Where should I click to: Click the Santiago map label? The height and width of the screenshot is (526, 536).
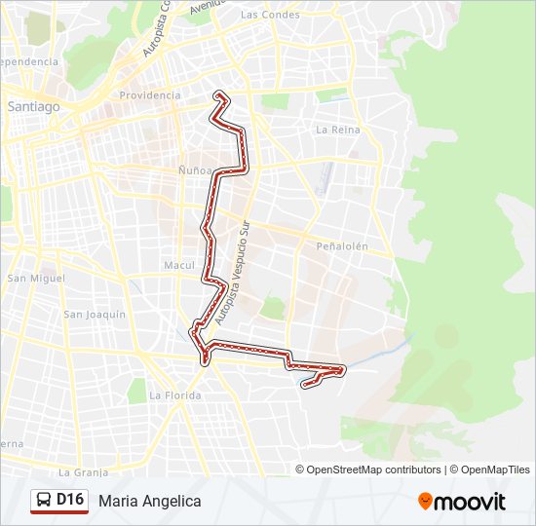click(33, 106)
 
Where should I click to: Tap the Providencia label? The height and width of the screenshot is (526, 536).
click(149, 95)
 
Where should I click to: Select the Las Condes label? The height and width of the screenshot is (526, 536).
click(269, 15)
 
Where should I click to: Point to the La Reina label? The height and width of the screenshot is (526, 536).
click(338, 130)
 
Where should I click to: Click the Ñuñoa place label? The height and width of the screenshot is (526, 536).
click(195, 170)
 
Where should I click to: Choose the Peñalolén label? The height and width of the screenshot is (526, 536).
click(342, 246)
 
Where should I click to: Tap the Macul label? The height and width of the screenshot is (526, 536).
click(179, 265)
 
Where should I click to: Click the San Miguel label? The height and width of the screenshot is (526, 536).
click(36, 279)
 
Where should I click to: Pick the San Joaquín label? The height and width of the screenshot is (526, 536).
click(95, 315)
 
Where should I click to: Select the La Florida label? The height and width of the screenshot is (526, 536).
click(175, 395)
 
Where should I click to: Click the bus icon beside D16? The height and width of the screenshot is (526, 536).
click(45, 501)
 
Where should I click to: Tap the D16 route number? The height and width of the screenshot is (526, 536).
click(71, 500)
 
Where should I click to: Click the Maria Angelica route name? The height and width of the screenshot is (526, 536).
click(149, 501)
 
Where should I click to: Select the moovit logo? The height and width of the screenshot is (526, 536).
click(462, 502)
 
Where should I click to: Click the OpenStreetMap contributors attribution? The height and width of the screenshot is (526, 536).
click(373, 470)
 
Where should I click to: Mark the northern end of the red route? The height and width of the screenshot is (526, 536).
click(220, 94)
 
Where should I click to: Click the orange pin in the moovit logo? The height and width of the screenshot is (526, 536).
click(426, 501)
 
